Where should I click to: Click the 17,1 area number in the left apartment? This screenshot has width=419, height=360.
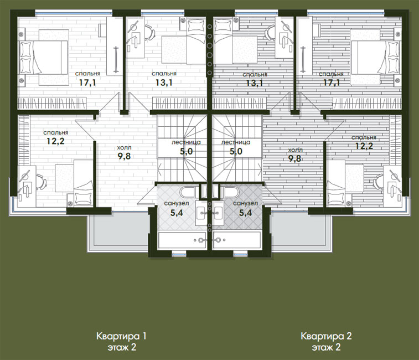point(87,83)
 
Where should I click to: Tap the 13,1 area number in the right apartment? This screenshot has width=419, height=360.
point(255,83)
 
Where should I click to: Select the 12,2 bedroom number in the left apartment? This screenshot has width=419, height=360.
point(55,141)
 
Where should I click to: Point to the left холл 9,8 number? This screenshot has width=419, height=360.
point(124,156)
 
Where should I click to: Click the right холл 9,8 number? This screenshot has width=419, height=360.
point(295,158)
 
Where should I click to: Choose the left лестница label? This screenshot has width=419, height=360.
point(186,142)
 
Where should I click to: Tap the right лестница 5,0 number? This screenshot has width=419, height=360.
point(236,151)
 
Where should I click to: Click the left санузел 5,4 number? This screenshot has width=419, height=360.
point(177,213)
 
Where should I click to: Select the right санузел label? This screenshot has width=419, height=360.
point(245,203)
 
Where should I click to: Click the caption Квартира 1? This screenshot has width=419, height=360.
point(121,336)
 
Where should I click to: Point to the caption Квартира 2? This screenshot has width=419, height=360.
point(326,336)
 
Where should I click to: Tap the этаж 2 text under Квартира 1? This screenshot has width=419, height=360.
point(122,347)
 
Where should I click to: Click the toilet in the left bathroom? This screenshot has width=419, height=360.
point(188,192)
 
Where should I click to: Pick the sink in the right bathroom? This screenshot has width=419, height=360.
point(218,213)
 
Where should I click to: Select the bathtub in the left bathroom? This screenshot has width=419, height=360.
point(182,240)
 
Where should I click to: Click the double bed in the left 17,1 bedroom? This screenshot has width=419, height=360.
point(44,58)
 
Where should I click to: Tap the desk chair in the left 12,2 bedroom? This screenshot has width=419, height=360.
point(42,182)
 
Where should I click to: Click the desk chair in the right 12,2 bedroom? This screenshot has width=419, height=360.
point(378,182)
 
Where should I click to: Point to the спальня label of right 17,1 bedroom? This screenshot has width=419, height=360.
point(331,74)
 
